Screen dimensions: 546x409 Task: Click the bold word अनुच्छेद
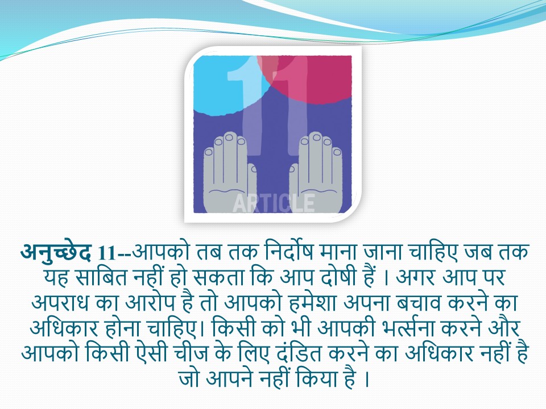click(x=56, y=252)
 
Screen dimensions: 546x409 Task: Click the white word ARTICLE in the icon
click(x=274, y=203)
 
